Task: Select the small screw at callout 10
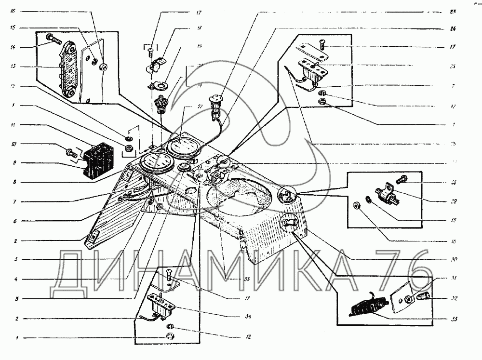point(70,154)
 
